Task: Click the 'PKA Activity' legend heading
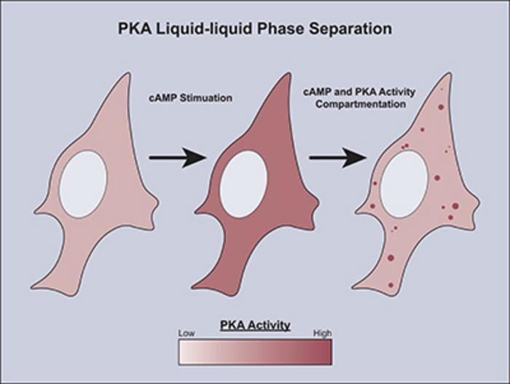coord(255,325)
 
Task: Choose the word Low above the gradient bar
coord(187,333)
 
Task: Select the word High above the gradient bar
coord(322,333)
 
